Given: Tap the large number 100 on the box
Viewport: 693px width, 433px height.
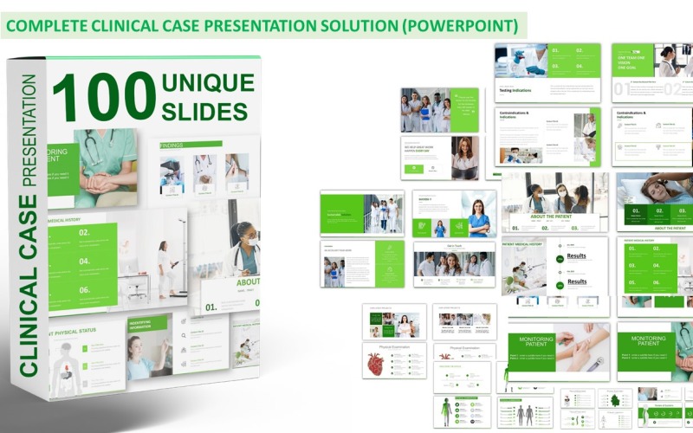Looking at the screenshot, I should pyautogui.click(x=103, y=97).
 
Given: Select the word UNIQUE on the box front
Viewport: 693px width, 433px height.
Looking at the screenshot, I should pyautogui.click(x=208, y=84).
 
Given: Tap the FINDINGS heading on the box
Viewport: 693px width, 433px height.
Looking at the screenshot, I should pyautogui.click(x=172, y=145).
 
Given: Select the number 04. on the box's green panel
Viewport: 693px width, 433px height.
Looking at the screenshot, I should pyautogui.click(x=84, y=261).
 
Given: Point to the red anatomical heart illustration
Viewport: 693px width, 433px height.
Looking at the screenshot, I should pyautogui.click(x=376, y=364).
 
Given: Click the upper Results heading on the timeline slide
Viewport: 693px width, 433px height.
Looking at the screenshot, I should pyautogui.click(x=576, y=256).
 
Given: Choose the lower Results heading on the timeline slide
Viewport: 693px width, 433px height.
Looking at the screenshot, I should pyautogui.click(x=576, y=281).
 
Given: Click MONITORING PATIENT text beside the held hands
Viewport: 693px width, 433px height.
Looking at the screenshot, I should pyautogui.click(x=529, y=344).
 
